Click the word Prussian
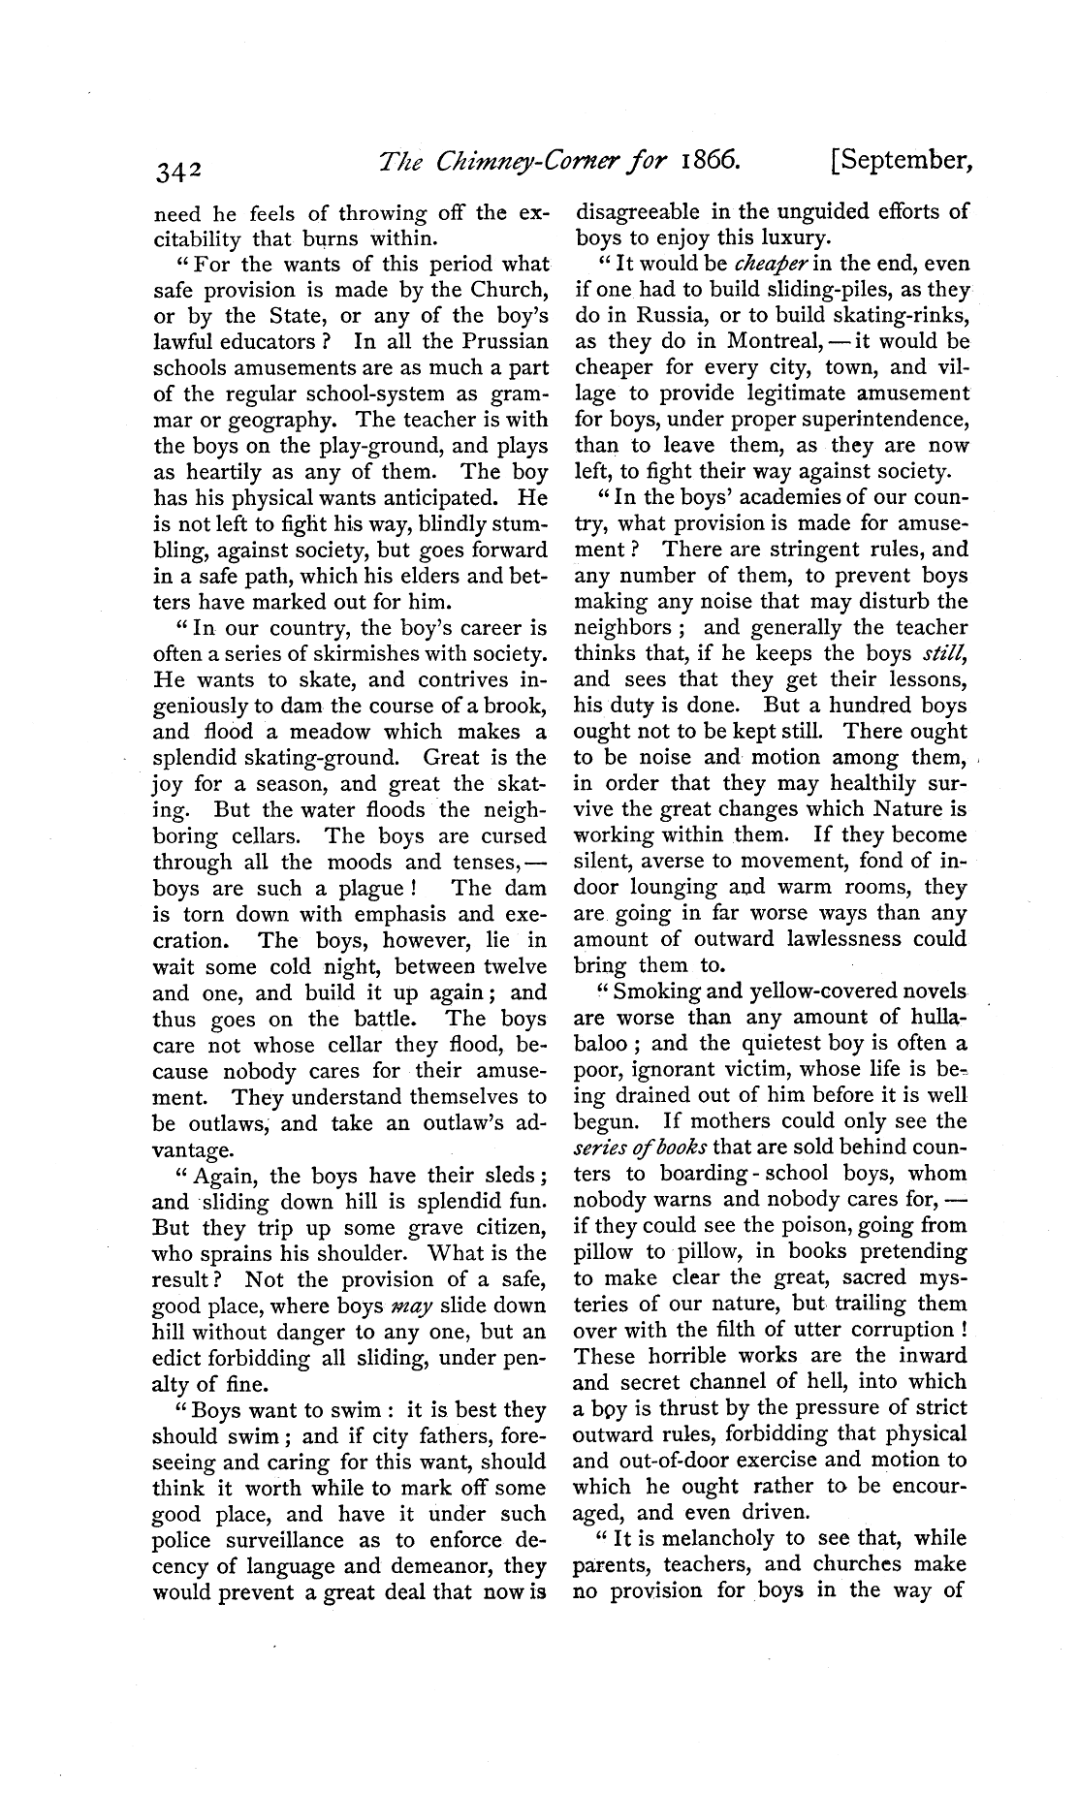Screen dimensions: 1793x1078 pos(501,341)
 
